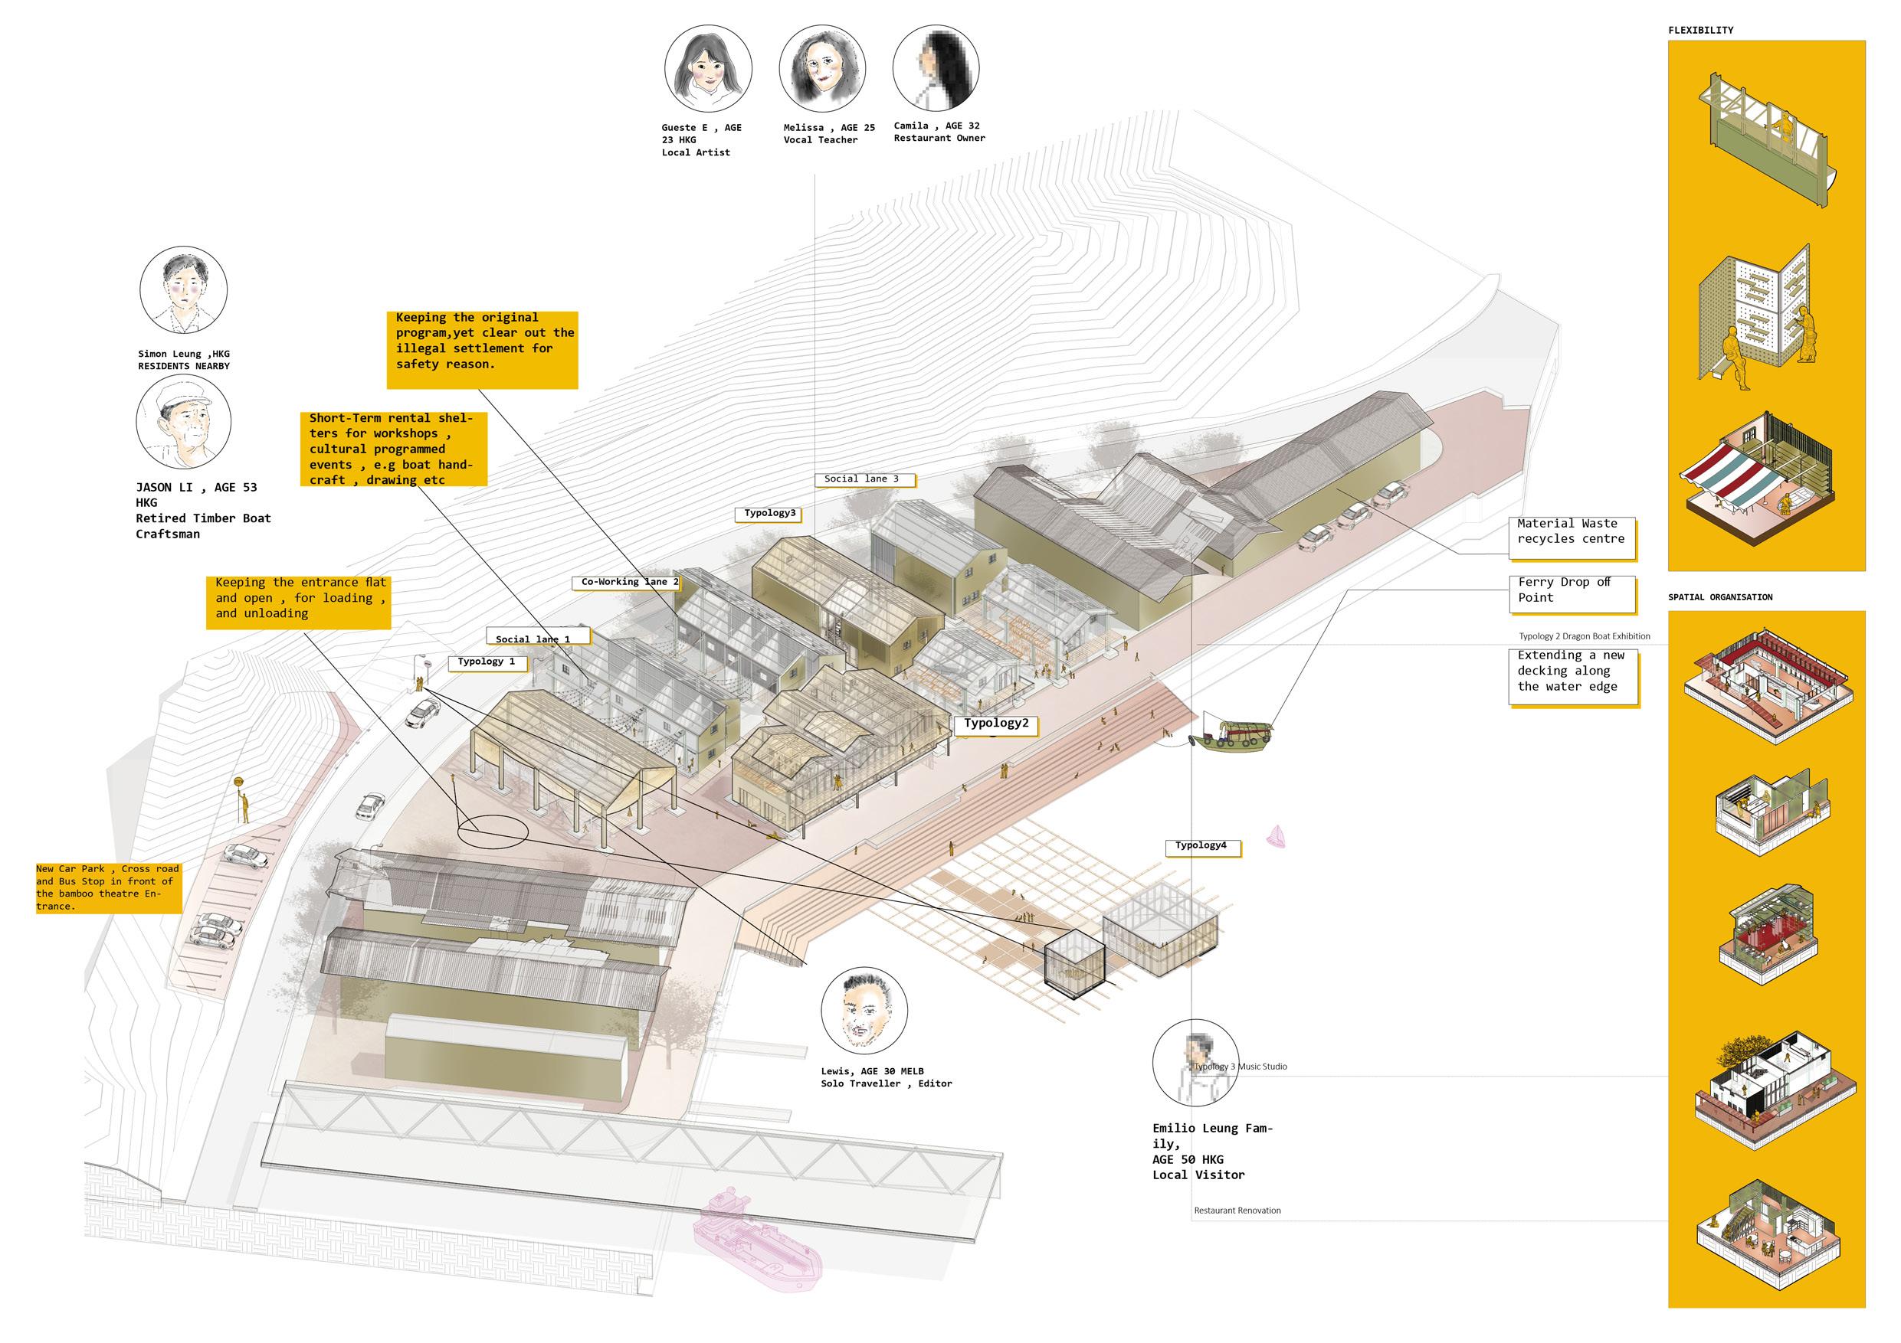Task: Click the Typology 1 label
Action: click(487, 662)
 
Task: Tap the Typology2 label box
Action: click(996, 724)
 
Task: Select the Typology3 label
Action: click(769, 514)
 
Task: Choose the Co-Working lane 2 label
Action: click(629, 583)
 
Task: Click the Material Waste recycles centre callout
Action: click(1571, 532)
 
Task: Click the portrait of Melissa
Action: click(821, 69)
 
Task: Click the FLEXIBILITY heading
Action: click(1699, 31)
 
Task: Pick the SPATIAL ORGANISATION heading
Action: click(1719, 597)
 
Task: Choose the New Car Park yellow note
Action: click(107, 888)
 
